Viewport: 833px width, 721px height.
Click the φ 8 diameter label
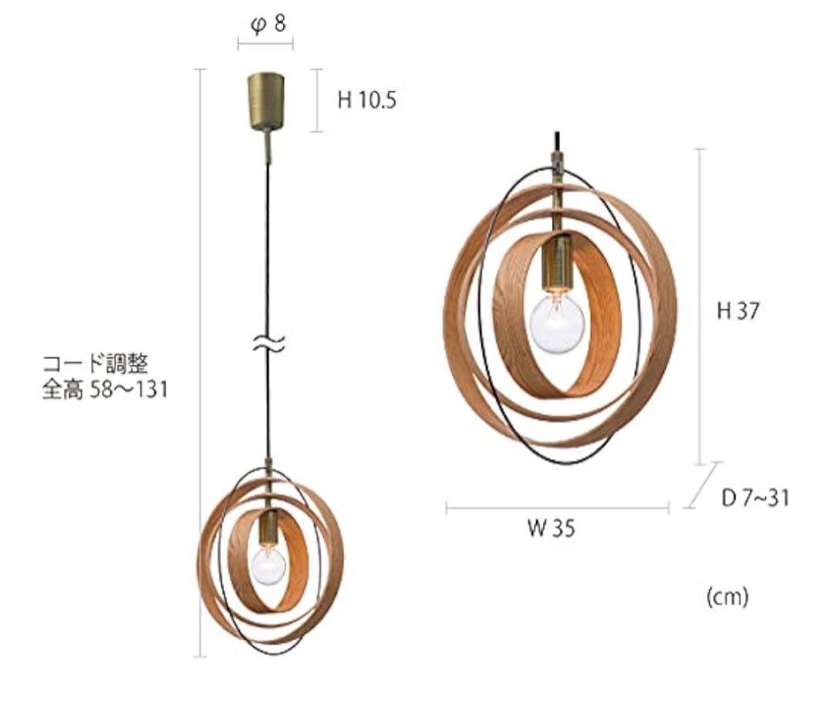tap(268, 24)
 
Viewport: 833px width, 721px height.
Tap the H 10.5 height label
tap(367, 100)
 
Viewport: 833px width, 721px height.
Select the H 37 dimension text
tap(738, 311)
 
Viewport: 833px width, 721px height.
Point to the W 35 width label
tap(551, 529)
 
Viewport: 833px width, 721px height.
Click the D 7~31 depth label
tap(755, 498)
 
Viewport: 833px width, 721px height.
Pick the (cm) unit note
tap(727, 597)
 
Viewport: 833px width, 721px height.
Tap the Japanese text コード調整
tap(96, 365)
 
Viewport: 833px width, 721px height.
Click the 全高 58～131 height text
tap(105, 390)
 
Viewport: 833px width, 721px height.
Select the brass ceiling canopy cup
tap(265, 102)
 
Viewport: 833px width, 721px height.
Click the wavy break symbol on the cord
tap(268, 344)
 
